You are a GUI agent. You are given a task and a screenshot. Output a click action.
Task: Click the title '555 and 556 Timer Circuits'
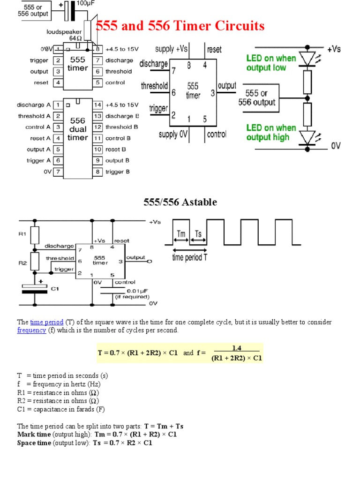tap(180, 26)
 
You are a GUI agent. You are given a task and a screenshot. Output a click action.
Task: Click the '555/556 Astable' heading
tap(180, 202)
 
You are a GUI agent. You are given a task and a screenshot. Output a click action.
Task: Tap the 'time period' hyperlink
tap(46, 322)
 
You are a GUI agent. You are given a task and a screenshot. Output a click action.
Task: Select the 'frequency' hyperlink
tap(31, 330)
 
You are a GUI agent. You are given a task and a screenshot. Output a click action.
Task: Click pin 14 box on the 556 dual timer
tap(97, 105)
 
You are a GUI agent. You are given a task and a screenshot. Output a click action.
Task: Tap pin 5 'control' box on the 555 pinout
tap(97, 82)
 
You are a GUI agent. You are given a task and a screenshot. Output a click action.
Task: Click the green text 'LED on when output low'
tap(271, 63)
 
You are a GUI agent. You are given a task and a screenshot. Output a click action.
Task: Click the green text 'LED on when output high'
tap(271, 133)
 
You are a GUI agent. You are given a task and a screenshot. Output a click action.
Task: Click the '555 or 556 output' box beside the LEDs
tap(257, 97)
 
